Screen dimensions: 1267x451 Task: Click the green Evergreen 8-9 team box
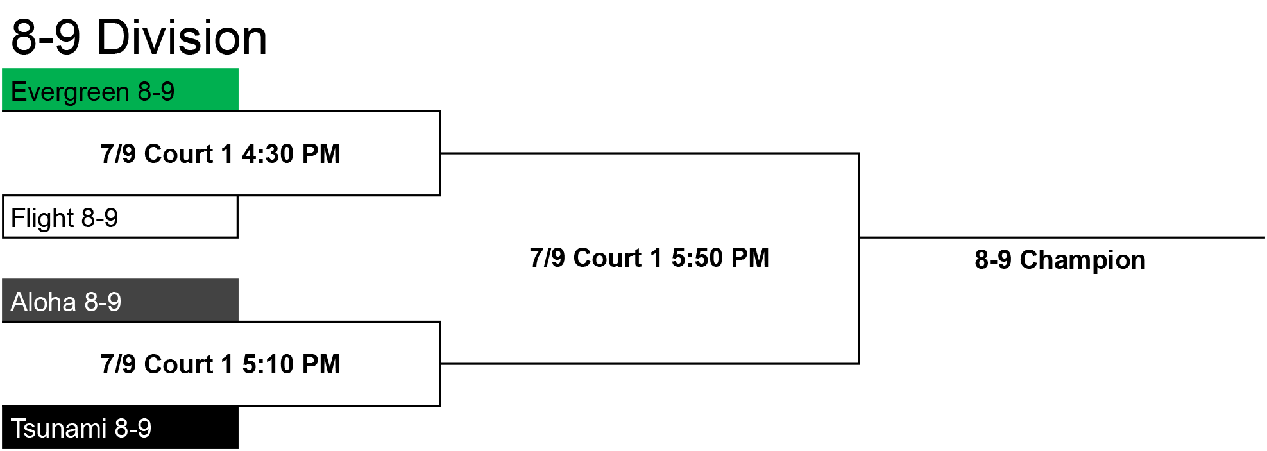coord(121,90)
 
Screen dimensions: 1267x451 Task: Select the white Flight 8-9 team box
coord(121,217)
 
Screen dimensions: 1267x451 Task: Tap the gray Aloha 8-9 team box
coord(121,300)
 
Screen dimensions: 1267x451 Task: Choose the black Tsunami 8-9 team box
coord(121,427)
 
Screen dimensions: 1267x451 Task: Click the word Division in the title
coord(182,37)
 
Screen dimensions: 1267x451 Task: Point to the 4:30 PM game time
coord(291,154)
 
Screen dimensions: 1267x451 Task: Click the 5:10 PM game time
coord(291,364)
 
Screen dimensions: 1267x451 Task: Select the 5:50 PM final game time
coord(720,258)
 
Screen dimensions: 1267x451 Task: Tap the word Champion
coord(1082,260)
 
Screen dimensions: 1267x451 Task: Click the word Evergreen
coord(70,92)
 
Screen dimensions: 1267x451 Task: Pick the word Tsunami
coord(59,429)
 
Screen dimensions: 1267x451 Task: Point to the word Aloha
coord(44,302)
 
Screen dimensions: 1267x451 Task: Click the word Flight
coord(42,219)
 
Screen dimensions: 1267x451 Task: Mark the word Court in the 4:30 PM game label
coord(178,154)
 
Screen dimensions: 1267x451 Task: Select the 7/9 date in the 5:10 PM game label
coord(118,364)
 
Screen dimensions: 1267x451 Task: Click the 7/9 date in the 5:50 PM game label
coord(547,258)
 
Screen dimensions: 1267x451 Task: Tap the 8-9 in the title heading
coord(46,37)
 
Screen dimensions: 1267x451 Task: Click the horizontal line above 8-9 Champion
coord(1062,237)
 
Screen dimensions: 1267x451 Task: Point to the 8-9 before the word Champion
coord(993,260)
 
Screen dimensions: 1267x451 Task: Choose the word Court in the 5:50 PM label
coord(608,258)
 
